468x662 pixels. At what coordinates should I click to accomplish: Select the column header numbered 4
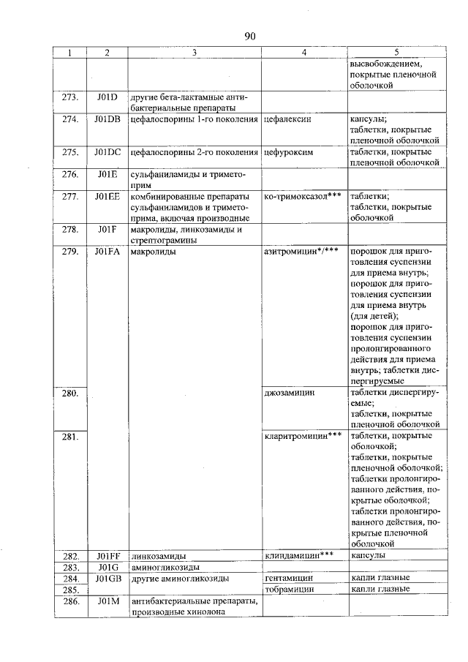[x=303, y=53]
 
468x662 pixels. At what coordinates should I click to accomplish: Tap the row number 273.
[x=70, y=97]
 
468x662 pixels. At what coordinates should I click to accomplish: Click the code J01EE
[x=107, y=197]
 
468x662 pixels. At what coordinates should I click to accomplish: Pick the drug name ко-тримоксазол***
[x=303, y=197]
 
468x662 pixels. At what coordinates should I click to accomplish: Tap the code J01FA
[x=107, y=252]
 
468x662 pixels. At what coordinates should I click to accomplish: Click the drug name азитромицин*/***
[x=301, y=252]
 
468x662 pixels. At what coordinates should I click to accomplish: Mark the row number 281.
[x=70, y=437]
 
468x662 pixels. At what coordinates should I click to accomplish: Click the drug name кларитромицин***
[x=303, y=437]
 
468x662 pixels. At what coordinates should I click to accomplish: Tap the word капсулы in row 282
[x=368, y=556]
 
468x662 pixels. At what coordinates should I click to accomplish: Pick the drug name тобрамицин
[x=289, y=590]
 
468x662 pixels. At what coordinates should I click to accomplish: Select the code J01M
[x=107, y=601]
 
